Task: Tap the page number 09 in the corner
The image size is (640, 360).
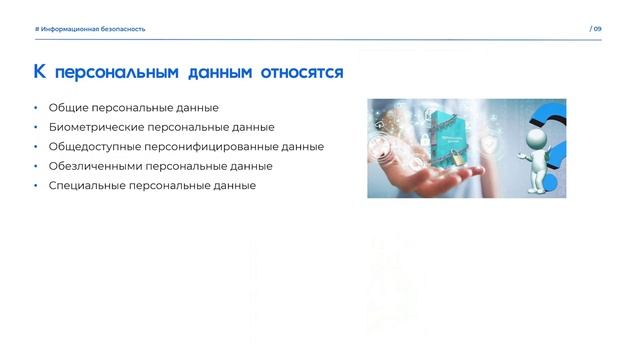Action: (x=597, y=29)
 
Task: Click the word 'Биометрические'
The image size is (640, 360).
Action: (x=93, y=127)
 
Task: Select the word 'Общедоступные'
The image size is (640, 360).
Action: (x=91, y=147)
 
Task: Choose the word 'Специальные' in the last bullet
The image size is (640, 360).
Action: (x=83, y=185)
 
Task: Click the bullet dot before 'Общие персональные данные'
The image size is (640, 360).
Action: (x=35, y=108)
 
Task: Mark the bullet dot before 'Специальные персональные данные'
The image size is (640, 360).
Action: (x=35, y=185)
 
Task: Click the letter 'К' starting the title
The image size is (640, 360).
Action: (x=40, y=72)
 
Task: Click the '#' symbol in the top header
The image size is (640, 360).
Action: (x=37, y=29)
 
